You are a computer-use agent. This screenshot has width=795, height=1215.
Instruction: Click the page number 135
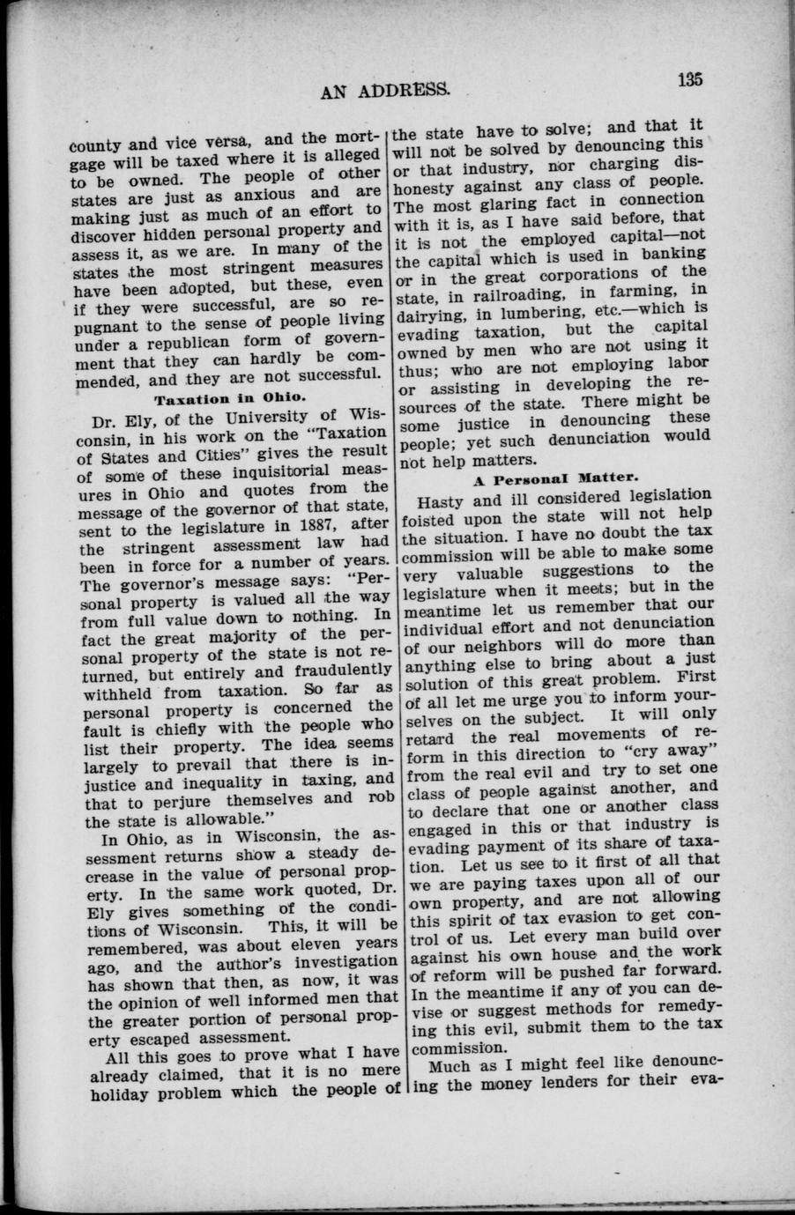(x=690, y=79)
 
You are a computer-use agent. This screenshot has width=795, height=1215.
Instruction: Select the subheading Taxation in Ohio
(x=230, y=397)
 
